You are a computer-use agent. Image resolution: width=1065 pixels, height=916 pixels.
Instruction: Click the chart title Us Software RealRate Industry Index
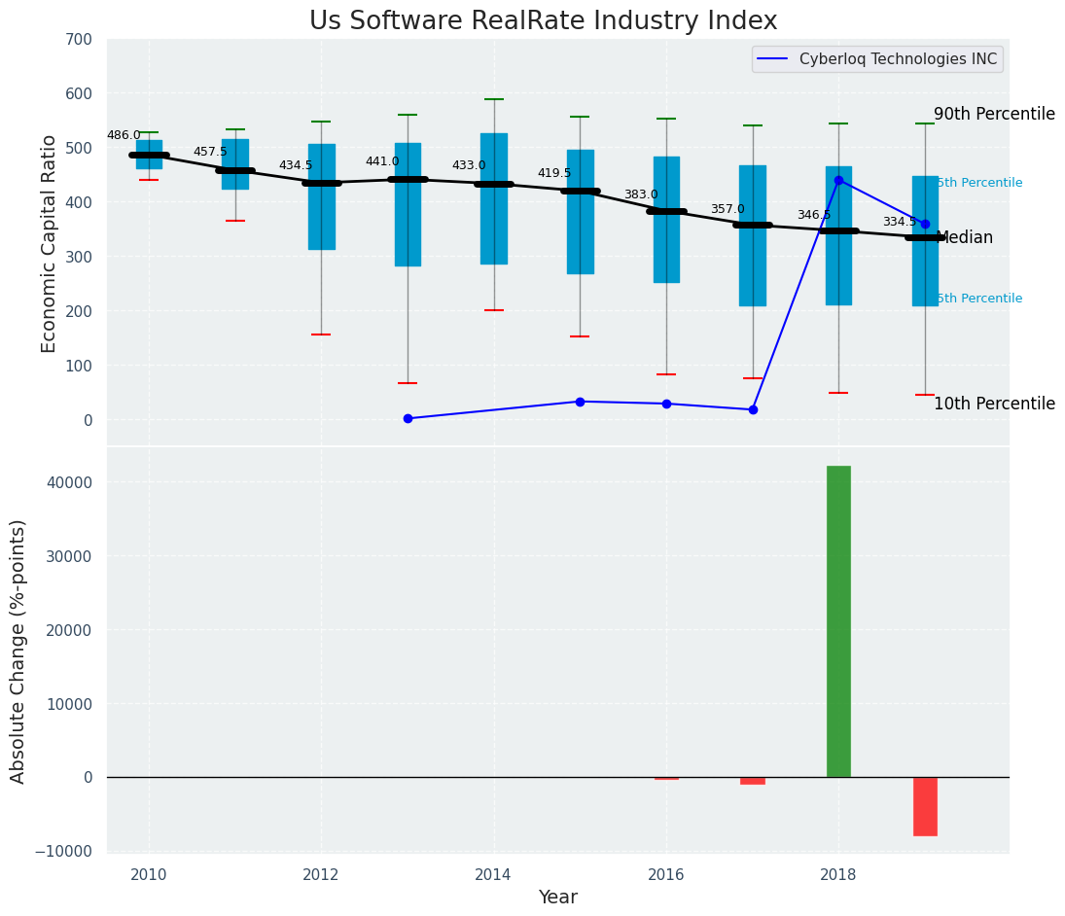[543, 21]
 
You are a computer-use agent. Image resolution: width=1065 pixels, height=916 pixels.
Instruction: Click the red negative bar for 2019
[925, 806]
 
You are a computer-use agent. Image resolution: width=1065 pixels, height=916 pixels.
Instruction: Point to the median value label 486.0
[124, 136]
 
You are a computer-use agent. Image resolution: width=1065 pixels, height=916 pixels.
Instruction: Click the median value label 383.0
[641, 195]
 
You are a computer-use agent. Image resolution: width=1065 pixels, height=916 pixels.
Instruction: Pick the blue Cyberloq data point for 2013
[408, 418]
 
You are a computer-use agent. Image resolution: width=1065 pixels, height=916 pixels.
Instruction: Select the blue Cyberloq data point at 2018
[838, 180]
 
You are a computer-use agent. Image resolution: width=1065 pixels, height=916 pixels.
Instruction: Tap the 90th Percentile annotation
[994, 115]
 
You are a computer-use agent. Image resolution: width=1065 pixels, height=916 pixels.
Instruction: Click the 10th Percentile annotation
[994, 405]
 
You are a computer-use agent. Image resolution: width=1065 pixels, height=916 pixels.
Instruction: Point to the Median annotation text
[965, 238]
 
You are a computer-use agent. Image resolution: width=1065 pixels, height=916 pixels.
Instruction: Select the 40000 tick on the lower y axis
[67, 483]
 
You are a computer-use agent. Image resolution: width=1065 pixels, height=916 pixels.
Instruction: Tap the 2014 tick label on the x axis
[493, 875]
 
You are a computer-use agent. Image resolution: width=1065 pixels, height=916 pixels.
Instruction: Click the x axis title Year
[558, 898]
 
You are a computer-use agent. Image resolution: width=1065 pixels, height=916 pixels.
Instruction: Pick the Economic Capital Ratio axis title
[50, 243]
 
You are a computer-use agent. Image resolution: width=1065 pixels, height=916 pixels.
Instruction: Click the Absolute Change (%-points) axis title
[18, 651]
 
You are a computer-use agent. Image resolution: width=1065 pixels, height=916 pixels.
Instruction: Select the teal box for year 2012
[322, 197]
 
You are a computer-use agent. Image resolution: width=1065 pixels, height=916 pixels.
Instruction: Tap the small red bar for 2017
[753, 780]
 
